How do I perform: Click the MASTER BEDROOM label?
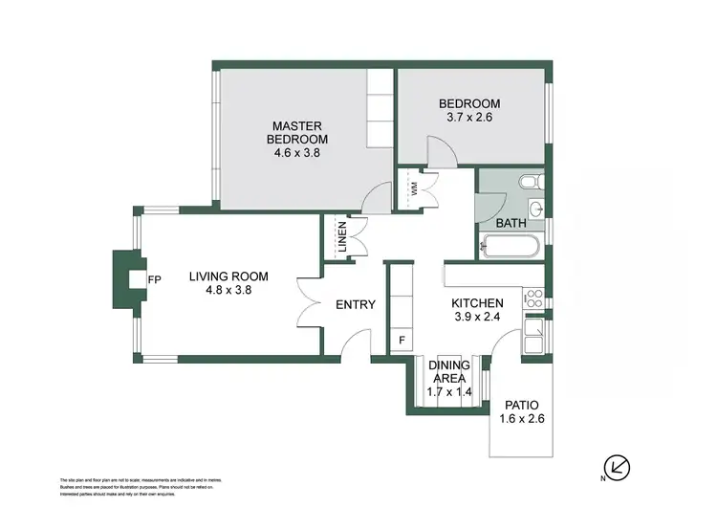point(297,132)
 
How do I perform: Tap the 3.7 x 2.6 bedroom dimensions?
point(468,118)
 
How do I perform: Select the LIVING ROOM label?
point(228,276)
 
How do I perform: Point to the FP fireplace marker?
point(154,279)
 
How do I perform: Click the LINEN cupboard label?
point(342,239)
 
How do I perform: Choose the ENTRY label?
point(355,305)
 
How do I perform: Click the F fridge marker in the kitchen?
point(401,340)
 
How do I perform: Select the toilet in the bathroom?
point(529,181)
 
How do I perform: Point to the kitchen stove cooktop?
point(534,297)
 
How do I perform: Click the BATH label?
point(511,224)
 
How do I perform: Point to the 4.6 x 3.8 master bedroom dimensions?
point(297,152)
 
